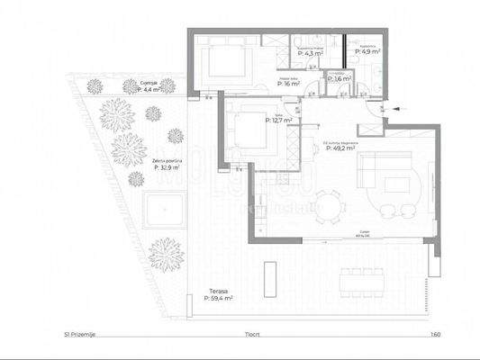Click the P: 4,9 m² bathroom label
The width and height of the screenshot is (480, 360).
[367, 52]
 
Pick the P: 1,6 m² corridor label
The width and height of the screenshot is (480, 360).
[338, 79]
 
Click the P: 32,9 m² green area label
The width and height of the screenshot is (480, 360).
[168, 165]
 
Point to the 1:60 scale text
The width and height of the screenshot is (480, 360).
[436, 334]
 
